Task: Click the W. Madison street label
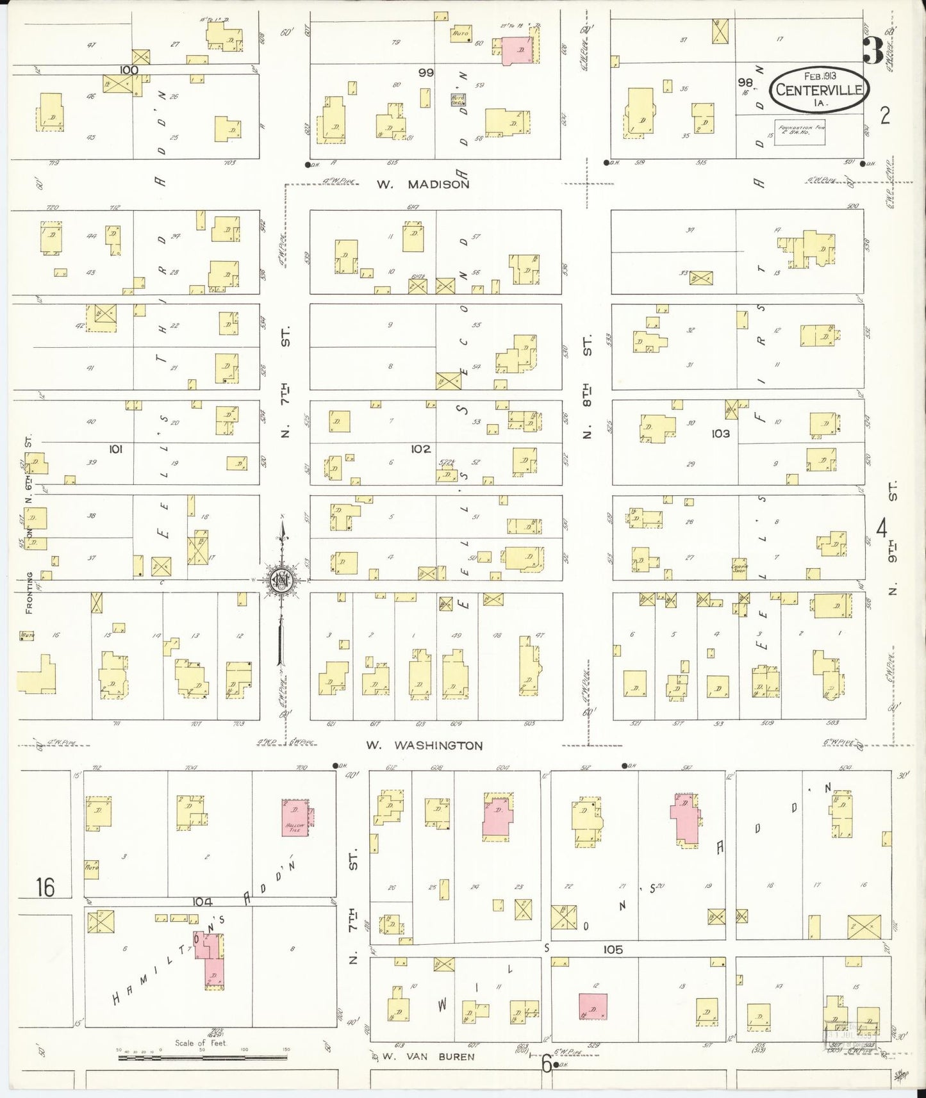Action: (x=422, y=184)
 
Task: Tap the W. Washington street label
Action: (x=424, y=746)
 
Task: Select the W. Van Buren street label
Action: (x=429, y=1057)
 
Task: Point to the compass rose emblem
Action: (x=280, y=580)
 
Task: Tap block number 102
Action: (x=421, y=449)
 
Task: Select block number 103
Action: (x=720, y=434)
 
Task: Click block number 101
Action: (x=115, y=449)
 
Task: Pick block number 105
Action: (x=613, y=949)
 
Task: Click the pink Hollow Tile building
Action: (x=296, y=819)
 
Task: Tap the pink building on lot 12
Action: (x=592, y=1010)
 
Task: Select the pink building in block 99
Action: (x=517, y=50)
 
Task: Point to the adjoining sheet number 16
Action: (x=45, y=887)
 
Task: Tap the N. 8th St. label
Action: (x=587, y=386)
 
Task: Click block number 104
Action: (x=202, y=901)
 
